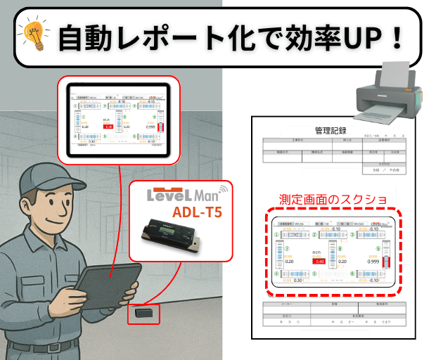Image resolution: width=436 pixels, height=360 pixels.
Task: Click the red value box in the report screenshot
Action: coord(320,261)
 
